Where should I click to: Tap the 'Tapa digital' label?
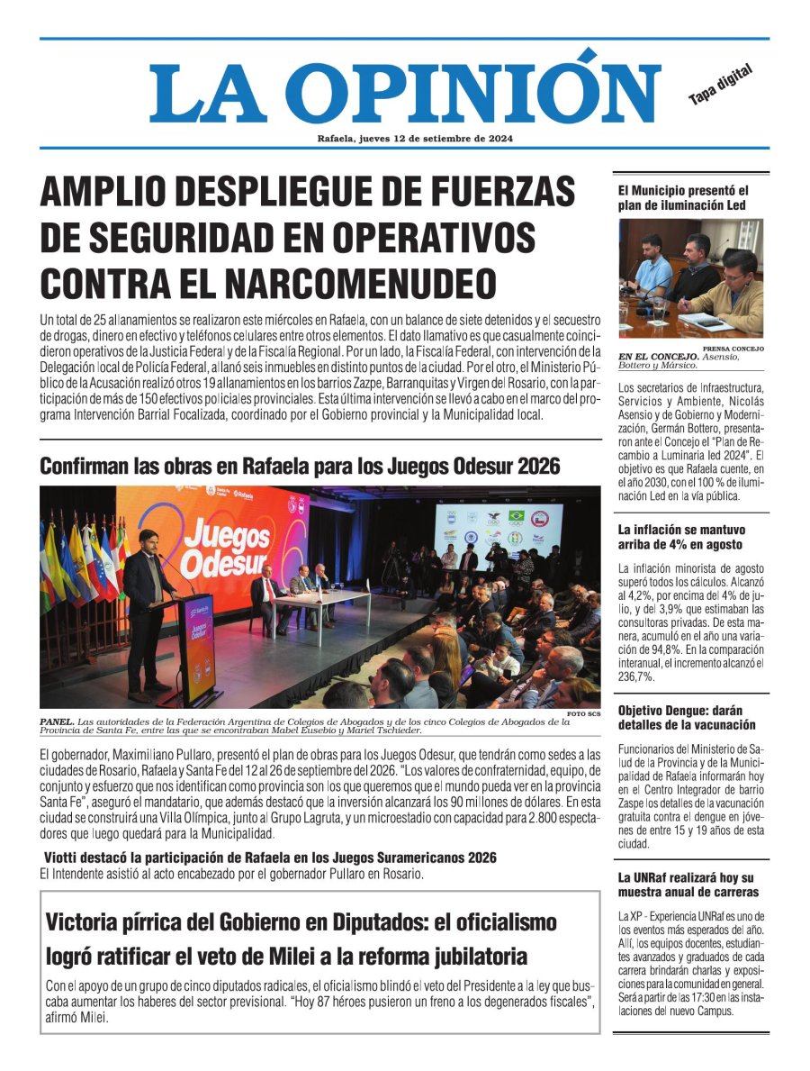(x=720, y=85)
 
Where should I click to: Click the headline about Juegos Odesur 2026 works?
(x=300, y=467)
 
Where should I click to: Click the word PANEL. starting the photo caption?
(x=57, y=722)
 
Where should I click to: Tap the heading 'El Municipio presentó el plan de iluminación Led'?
(x=683, y=198)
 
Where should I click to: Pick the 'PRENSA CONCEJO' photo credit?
(x=733, y=349)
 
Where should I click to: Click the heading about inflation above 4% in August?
(x=680, y=538)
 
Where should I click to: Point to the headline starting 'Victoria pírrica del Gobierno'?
(x=301, y=939)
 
